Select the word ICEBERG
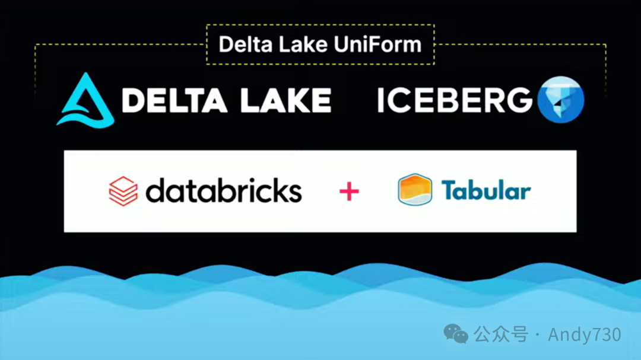click(x=455, y=100)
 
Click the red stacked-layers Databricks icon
click(x=123, y=192)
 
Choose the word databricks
click(x=224, y=192)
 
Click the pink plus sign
click(x=349, y=192)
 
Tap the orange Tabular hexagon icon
click(x=415, y=190)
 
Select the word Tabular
click(x=485, y=190)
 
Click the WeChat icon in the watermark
click(x=456, y=334)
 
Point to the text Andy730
click(x=585, y=334)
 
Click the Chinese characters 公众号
click(x=501, y=334)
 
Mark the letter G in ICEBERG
click(x=521, y=100)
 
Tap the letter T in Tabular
click(x=449, y=190)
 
